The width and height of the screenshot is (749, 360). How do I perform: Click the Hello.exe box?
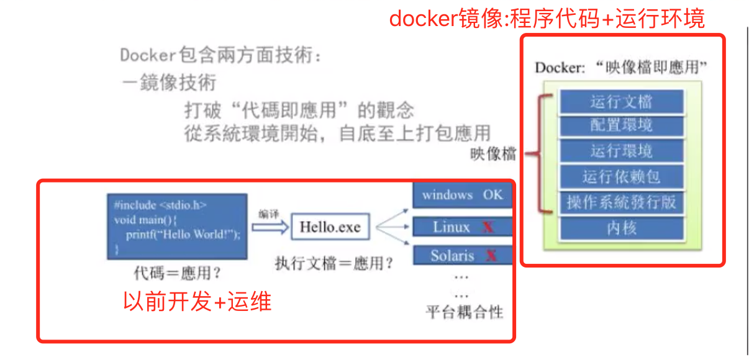(x=330, y=227)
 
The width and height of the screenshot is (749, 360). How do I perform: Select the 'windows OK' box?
(x=462, y=195)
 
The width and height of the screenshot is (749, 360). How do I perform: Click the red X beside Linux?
(x=488, y=227)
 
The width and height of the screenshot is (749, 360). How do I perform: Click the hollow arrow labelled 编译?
(x=271, y=227)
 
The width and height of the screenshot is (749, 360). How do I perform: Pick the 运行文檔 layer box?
(x=621, y=102)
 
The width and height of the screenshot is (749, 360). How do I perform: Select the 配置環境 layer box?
(x=621, y=127)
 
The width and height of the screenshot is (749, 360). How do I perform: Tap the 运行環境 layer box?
(x=621, y=151)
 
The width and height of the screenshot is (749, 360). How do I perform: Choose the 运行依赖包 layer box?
(x=621, y=177)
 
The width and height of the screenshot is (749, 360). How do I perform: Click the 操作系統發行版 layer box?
(x=621, y=202)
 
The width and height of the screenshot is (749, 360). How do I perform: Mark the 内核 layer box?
(x=621, y=228)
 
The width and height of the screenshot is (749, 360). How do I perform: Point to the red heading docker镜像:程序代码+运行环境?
(x=547, y=19)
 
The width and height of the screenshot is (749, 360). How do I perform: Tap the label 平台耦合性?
(x=464, y=312)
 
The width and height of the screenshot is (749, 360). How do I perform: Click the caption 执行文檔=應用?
(x=334, y=263)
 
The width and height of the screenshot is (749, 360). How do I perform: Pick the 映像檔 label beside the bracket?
(x=493, y=154)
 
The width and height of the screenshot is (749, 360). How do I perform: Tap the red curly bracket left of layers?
(x=542, y=153)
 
